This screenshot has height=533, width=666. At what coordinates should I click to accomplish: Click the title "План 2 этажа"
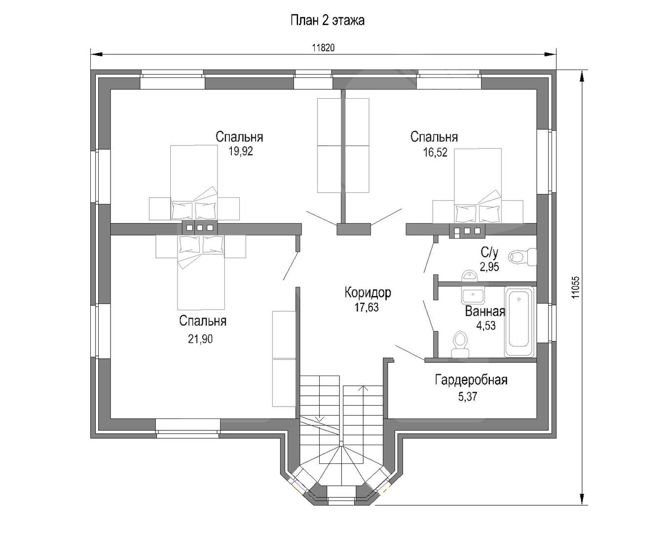click(x=328, y=20)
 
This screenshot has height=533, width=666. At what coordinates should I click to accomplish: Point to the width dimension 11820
click(x=323, y=48)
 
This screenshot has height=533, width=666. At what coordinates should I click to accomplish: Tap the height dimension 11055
click(x=575, y=287)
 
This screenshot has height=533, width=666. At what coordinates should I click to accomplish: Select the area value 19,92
click(x=241, y=151)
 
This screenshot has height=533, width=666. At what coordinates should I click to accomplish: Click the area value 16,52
click(x=435, y=152)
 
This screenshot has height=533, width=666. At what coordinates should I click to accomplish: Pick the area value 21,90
click(x=200, y=339)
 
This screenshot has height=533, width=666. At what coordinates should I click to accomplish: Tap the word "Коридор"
click(x=368, y=292)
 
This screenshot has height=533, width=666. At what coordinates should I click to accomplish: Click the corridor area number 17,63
click(x=367, y=307)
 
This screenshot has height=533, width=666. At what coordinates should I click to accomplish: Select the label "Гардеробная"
click(x=471, y=380)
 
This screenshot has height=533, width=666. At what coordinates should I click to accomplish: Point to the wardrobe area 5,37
click(x=467, y=396)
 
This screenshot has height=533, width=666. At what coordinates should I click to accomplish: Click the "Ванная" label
click(x=485, y=311)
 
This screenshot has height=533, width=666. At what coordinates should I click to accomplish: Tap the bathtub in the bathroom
click(x=519, y=322)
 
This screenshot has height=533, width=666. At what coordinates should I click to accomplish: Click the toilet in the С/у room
click(x=522, y=257)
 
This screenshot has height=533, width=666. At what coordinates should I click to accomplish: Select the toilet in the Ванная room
click(x=460, y=344)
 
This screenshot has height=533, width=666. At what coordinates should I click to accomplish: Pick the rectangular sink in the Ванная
click(x=473, y=296)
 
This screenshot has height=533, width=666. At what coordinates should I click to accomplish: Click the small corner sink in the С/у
click(x=469, y=275)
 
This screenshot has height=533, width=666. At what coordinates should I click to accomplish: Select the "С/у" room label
click(x=489, y=253)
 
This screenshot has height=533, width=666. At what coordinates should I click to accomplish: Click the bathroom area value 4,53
click(x=486, y=326)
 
